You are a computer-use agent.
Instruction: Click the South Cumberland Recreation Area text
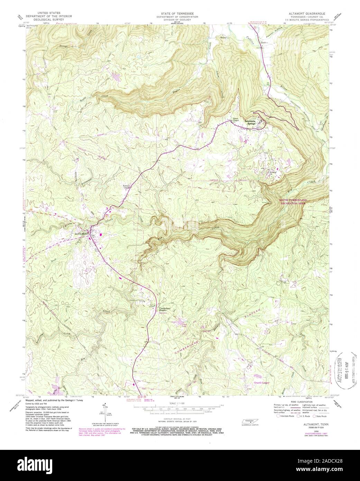coord(293,202)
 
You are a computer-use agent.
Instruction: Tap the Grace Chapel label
coord(237,120)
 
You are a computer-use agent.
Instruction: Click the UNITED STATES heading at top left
coord(43,13)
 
